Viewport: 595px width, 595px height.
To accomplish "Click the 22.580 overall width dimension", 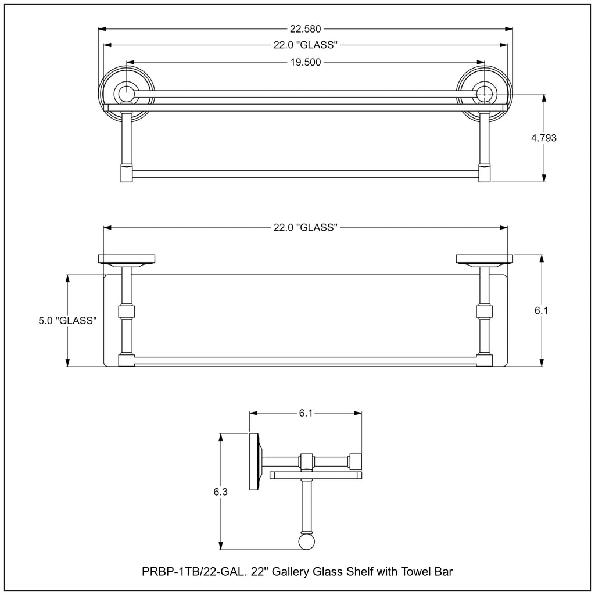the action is click(x=306, y=29).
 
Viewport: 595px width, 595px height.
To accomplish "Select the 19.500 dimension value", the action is click(x=306, y=62).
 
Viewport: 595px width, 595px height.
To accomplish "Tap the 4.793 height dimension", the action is click(x=544, y=138).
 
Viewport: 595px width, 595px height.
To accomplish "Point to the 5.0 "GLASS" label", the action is click(x=67, y=321).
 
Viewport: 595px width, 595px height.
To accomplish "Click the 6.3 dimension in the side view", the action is click(x=220, y=492).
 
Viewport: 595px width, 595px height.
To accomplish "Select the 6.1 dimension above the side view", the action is click(x=306, y=413).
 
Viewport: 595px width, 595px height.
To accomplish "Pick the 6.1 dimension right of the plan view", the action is click(x=542, y=310).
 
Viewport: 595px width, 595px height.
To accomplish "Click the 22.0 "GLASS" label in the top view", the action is click(x=306, y=45).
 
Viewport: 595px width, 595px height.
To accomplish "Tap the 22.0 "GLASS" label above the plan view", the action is click(x=306, y=227).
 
